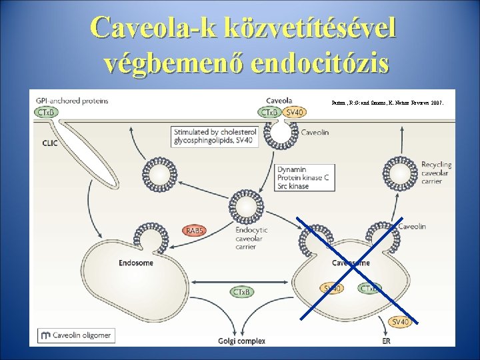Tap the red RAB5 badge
tap(195, 231)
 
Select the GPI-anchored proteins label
tap(71, 101)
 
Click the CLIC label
tap(51, 142)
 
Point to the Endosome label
tap(136, 263)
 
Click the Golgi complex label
tap(241, 341)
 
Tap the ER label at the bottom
tap(387, 341)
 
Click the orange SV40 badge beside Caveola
tap(293, 114)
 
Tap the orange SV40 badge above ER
tap(400, 322)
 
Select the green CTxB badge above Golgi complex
tap(241, 292)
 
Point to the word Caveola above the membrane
tap(278, 101)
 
